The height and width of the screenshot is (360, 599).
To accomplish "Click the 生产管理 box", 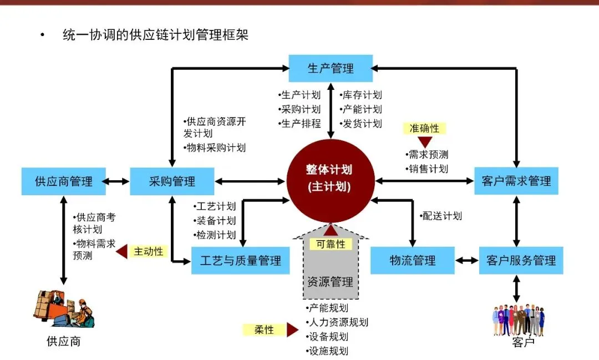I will (x=331, y=69).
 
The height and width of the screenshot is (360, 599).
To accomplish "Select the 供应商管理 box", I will (x=63, y=181).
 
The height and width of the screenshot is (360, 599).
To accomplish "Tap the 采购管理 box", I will (x=172, y=181).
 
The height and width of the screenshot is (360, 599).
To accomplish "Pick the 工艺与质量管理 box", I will (x=240, y=260).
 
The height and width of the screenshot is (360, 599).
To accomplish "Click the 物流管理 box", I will (x=412, y=260).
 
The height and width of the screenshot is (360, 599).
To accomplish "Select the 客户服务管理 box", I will (x=521, y=260).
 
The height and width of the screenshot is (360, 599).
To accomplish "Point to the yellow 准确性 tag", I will (x=424, y=128).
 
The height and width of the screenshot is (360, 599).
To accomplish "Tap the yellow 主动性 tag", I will (x=148, y=251).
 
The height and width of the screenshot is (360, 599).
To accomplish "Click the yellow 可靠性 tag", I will (x=331, y=244).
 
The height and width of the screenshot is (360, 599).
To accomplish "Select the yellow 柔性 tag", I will (x=264, y=329).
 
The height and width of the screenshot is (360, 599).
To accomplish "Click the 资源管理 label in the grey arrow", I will (x=330, y=282).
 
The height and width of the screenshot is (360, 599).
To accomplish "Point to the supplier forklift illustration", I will (x=64, y=308).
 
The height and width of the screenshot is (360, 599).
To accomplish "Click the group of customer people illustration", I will (x=519, y=319).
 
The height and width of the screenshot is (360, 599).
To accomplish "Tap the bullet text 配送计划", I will (x=441, y=216).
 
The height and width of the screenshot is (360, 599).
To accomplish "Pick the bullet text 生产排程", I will (x=301, y=124).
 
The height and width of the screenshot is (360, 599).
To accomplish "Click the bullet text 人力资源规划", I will (x=337, y=322).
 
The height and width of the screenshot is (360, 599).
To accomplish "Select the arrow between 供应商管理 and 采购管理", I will (x=118, y=181).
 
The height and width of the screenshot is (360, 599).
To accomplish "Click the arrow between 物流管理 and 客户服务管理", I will (x=466, y=260).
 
